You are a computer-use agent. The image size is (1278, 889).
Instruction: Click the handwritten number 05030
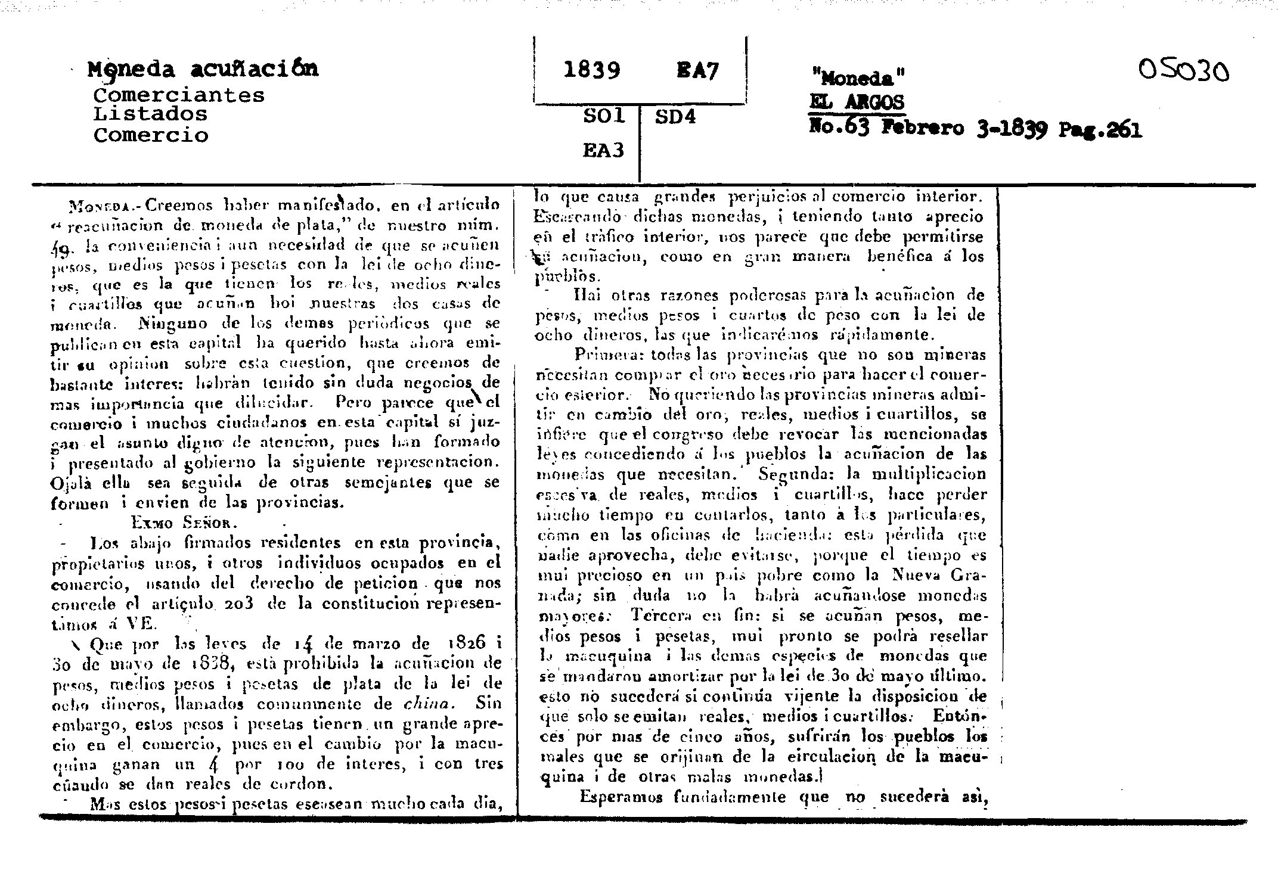tap(1183, 73)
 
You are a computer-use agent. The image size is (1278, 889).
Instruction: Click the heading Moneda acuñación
tap(203, 69)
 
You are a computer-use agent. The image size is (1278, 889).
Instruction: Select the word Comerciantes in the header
tap(179, 95)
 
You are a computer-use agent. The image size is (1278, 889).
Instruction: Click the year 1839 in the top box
tap(591, 71)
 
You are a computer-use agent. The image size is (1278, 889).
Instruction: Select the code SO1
tap(603, 116)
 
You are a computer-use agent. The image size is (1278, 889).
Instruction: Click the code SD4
tap(675, 116)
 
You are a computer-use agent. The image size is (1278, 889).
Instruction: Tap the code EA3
tap(603, 150)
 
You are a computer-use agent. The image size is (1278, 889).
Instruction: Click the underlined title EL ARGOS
tap(857, 103)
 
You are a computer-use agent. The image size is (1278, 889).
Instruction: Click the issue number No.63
tap(840, 128)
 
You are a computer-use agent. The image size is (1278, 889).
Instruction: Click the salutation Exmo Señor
tap(185, 523)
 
